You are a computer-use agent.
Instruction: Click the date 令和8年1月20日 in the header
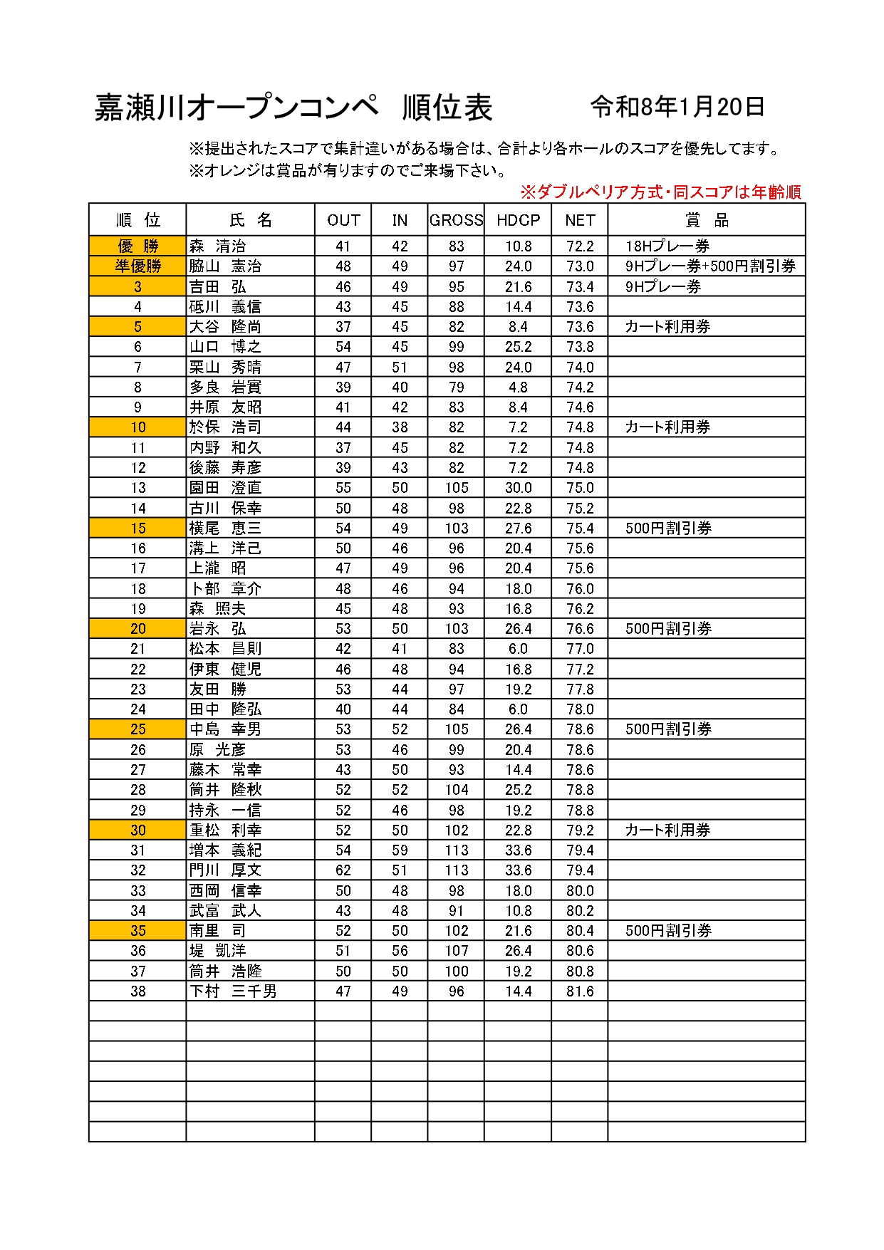click(677, 107)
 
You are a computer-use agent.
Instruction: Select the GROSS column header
click(456, 220)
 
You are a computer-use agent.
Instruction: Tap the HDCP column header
click(518, 220)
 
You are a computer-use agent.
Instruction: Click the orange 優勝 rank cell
click(137, 246)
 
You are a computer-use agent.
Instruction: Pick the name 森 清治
click(217, 246)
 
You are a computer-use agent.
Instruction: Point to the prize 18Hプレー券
click(667, 246)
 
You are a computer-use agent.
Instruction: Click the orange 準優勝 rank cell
click(137, 266)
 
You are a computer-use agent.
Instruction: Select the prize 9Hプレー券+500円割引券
click(710, 266)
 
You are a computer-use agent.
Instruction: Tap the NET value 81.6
click(580, 991)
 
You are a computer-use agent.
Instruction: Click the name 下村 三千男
click(233, 991)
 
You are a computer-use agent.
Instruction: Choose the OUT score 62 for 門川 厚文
click(343, 870)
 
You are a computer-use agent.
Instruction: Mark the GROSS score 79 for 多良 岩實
click(456, 387)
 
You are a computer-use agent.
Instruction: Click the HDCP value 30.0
click(518, 488)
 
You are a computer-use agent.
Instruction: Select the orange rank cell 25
click(137, 729)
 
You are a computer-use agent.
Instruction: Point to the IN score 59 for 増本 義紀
click(400, 850)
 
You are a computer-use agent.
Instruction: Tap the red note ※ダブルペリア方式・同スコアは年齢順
click(660, 192)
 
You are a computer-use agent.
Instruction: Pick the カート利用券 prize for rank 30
click(667, 830)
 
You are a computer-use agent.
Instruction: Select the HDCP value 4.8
click(518, 387)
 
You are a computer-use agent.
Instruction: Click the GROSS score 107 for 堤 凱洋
click(456, 951)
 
